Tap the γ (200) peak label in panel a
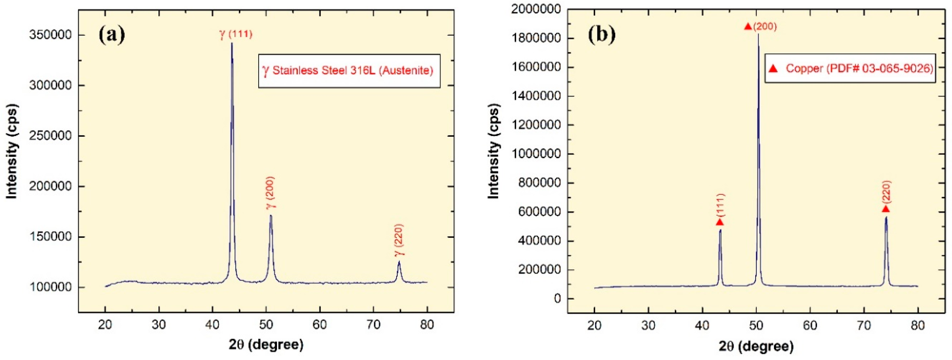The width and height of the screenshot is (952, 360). pyautogui.click(x=271, y=193)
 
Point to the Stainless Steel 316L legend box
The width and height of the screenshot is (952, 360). pyautogui.click(x=349, y=71)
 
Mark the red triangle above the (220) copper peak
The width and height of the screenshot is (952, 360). pyautogui.click(x=886, y=209)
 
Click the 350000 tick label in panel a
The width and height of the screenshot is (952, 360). pyautogui.click(x=50, y=35)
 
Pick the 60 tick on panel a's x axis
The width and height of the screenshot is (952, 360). pyautogui.click(x=320, y=325)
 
